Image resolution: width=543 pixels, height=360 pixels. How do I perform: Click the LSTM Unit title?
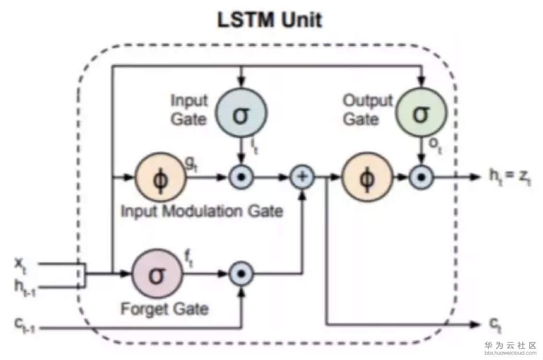(270, 21)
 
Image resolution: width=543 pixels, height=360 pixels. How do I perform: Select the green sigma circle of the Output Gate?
(421, 114)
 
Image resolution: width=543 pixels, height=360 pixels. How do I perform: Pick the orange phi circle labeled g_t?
(160, 177)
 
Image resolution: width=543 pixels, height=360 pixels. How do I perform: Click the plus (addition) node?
(302, 177)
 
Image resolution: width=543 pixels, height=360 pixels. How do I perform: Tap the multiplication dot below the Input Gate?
(242, 177)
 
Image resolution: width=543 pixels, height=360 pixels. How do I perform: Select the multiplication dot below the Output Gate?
(421, 177)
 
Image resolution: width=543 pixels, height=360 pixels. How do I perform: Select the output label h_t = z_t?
(509, 178)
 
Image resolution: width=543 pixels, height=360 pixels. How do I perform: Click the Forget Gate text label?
(164, 308)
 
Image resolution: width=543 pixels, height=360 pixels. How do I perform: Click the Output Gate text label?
(368, 110)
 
